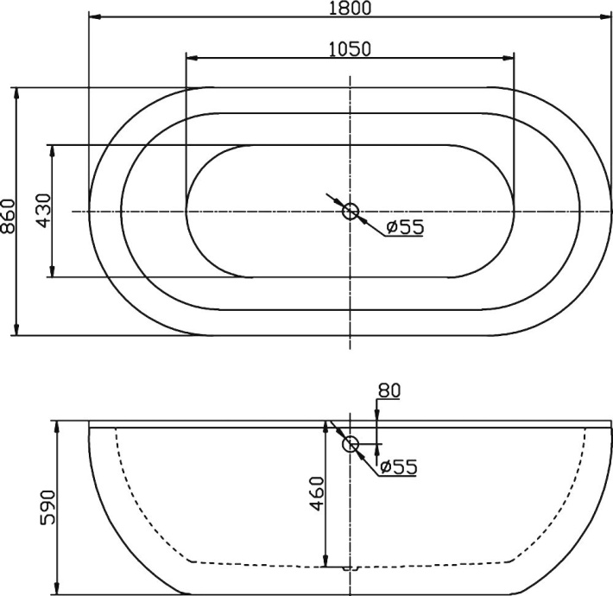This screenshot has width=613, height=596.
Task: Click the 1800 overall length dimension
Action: (x=350, y=9)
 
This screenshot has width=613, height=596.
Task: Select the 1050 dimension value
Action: (x=350, y=48)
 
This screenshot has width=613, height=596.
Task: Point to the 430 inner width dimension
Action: (x=44, y=211)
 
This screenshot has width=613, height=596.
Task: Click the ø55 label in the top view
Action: (x=404, y=227)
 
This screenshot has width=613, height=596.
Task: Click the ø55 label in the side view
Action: (x=398, y=466)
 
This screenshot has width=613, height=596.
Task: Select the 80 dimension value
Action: (x=389, y=390)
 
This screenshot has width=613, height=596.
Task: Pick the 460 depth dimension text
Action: (x=316, y=493)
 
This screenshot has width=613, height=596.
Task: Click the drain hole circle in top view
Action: (x=351, y=211)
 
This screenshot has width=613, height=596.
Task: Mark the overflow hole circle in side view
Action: (x=351, y=444)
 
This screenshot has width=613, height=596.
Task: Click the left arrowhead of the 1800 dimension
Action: (x=95, y=17)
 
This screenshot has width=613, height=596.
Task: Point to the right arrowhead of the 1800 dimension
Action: (x=604, y=17)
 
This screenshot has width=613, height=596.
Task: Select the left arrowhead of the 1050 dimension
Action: (x=193, y=58)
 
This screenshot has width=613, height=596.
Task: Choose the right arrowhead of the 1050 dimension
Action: (x=509, y=58)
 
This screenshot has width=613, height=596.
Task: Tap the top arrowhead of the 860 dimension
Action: (x=16, y=93)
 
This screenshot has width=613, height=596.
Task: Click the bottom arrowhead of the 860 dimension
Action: (x=16, y=329)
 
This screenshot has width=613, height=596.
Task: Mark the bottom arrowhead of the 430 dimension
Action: (x=53, y=271)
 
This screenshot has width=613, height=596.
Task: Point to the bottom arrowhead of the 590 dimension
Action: (x=56, y=588)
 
